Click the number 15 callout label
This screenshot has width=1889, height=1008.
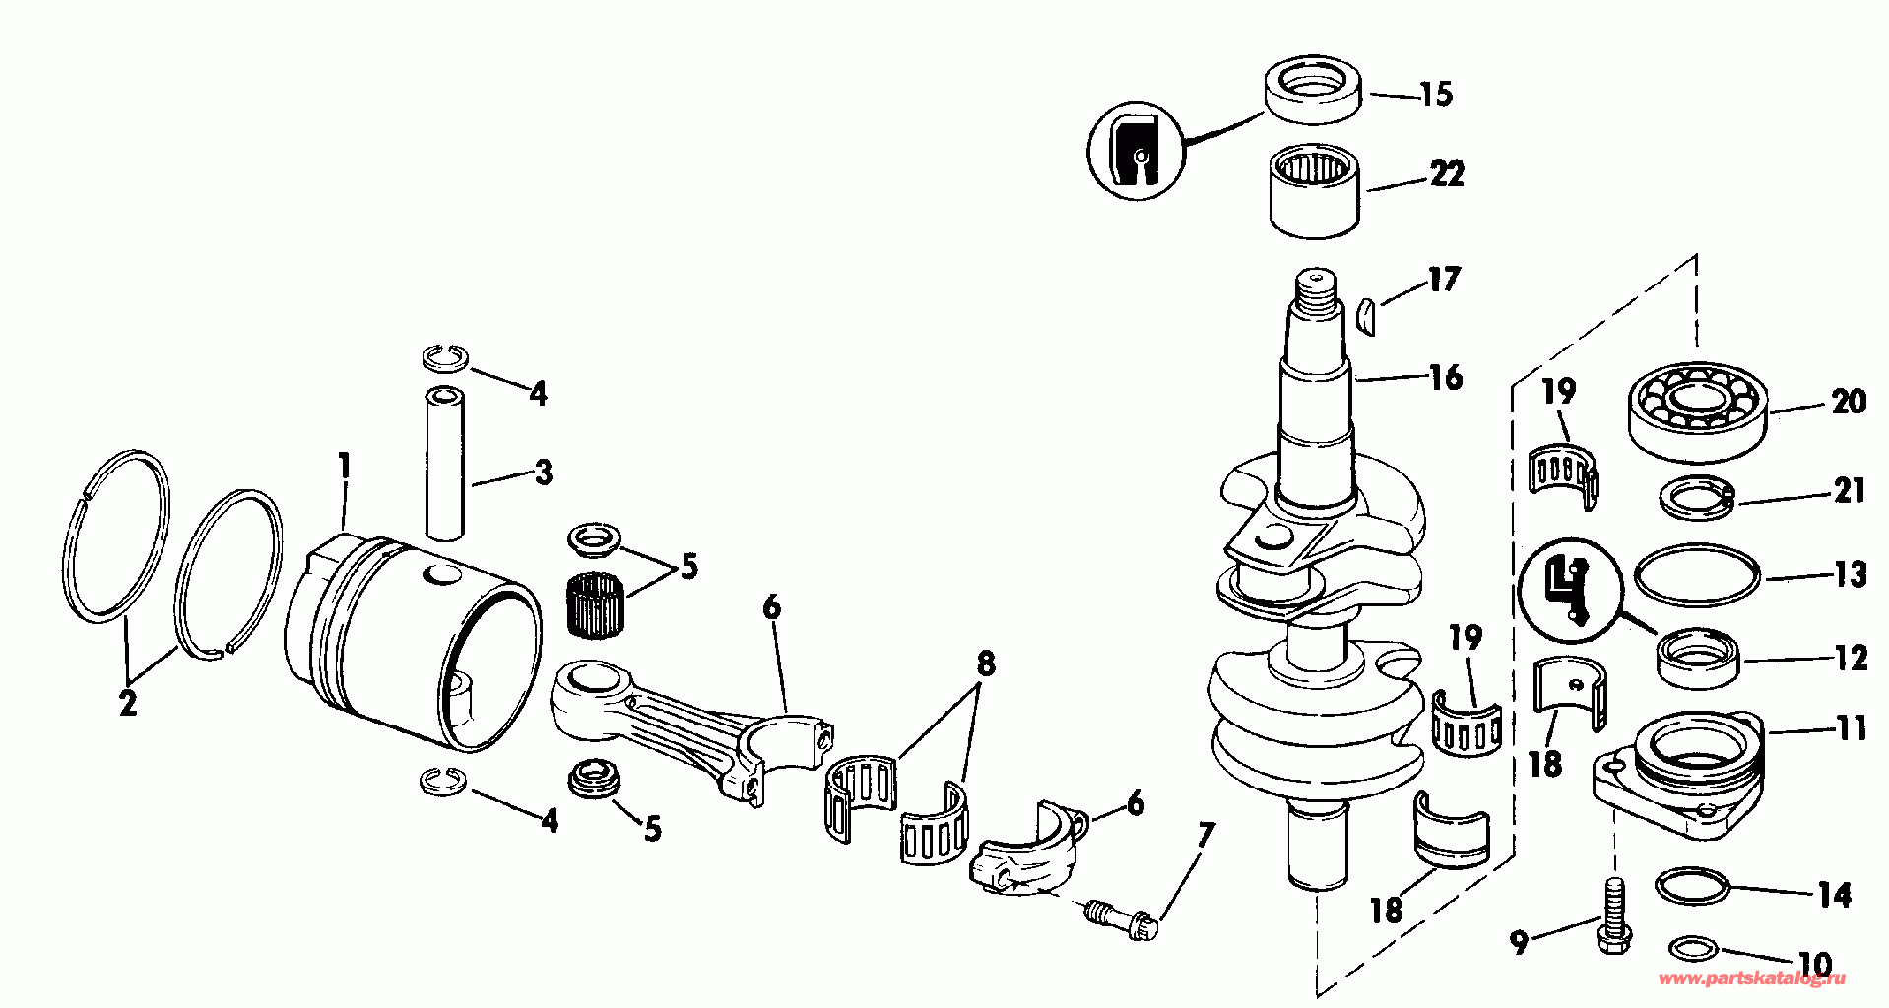[1435, 94]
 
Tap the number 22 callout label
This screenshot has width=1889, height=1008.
[1445, 174]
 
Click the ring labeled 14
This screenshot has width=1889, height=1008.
[1693, 885]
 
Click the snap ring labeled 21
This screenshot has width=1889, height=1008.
[1698, 497]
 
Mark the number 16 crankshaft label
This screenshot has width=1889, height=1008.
[1445, 377]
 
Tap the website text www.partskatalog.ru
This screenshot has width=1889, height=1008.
[1752, 979]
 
